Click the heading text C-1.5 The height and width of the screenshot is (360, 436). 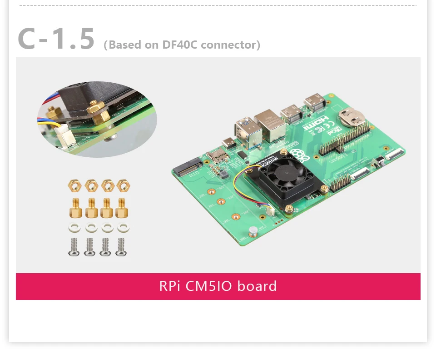tap(56, 39)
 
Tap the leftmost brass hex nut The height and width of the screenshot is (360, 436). tap(74, 185)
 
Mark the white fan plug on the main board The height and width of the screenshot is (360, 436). tap(268, 210)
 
